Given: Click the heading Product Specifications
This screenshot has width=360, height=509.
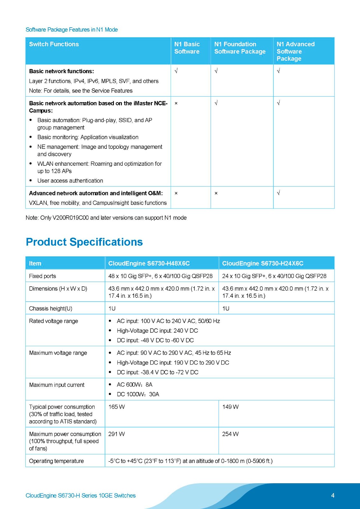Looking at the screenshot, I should coord(84,242).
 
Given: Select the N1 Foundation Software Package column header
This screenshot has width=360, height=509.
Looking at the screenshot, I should coord(240,48).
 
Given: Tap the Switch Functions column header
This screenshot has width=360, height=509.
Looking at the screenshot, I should coord(54,44).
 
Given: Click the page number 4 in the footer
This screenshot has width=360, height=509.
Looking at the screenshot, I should coord(333,495).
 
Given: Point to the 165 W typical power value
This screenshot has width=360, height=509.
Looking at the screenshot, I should coord(116,407).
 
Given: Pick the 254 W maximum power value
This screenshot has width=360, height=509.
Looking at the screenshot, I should coord(230,434).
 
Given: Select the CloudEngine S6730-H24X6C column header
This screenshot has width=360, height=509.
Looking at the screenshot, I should coord(263,263).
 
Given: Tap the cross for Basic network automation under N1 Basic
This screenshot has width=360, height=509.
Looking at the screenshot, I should coord(176,103).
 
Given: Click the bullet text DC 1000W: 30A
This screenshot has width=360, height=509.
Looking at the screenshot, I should coord(138,394).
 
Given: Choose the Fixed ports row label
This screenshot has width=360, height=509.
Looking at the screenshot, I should coord(42,276).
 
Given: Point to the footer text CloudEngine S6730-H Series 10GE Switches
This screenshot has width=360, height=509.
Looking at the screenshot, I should coord(81,495).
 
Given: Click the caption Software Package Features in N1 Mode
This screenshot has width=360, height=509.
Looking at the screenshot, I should coord(72,30).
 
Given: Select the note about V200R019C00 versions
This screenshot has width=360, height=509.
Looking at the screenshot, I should coord(106,218).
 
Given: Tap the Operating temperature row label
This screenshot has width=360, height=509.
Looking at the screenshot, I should coord(56,461).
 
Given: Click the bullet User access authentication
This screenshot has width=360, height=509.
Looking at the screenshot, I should coord(70,181).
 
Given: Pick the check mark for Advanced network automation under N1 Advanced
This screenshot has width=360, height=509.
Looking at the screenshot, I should coord(279,193).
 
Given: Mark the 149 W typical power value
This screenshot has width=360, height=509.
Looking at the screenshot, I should coord(230,407).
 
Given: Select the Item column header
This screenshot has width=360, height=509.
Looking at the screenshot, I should coord(35,263).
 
